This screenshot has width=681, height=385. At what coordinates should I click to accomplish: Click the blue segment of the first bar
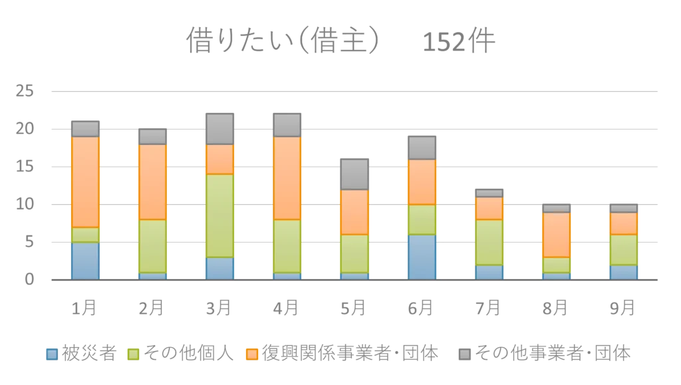[x=85, y=260]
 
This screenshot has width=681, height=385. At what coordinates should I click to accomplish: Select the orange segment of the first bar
[x=85, y=182]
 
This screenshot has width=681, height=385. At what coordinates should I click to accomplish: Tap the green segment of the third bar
[x=219, y=215]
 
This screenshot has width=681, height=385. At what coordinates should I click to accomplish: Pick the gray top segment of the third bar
[x=219, y=128]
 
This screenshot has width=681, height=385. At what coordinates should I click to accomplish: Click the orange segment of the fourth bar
[x=287, y=178]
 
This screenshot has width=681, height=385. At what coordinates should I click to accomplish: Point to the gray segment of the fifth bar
[x=354, y=174]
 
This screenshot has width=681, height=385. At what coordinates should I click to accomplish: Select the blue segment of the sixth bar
[x=422, y=256]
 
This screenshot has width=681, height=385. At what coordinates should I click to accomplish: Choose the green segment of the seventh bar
[x=489, y=241]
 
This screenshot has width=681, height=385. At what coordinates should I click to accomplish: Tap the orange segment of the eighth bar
[x=556, y=234]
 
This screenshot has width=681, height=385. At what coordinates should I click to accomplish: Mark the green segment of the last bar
[x=623, y=249]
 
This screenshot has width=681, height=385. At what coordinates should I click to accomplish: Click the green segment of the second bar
[x=152, y=245]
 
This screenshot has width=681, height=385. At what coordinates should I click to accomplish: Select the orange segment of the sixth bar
[x=422, y=182]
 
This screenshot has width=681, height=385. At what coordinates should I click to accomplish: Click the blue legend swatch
[x=51, y=353]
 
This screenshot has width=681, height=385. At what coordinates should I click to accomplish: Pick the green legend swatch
[x=133, y=353]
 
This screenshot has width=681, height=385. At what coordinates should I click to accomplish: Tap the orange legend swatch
[x=252, y=353]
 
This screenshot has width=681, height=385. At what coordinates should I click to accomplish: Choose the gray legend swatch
[x=465, y=353]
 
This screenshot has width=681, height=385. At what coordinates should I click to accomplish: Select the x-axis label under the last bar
[x=623, y=307]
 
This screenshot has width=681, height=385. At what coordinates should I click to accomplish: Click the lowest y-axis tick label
[x=29, y=279]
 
